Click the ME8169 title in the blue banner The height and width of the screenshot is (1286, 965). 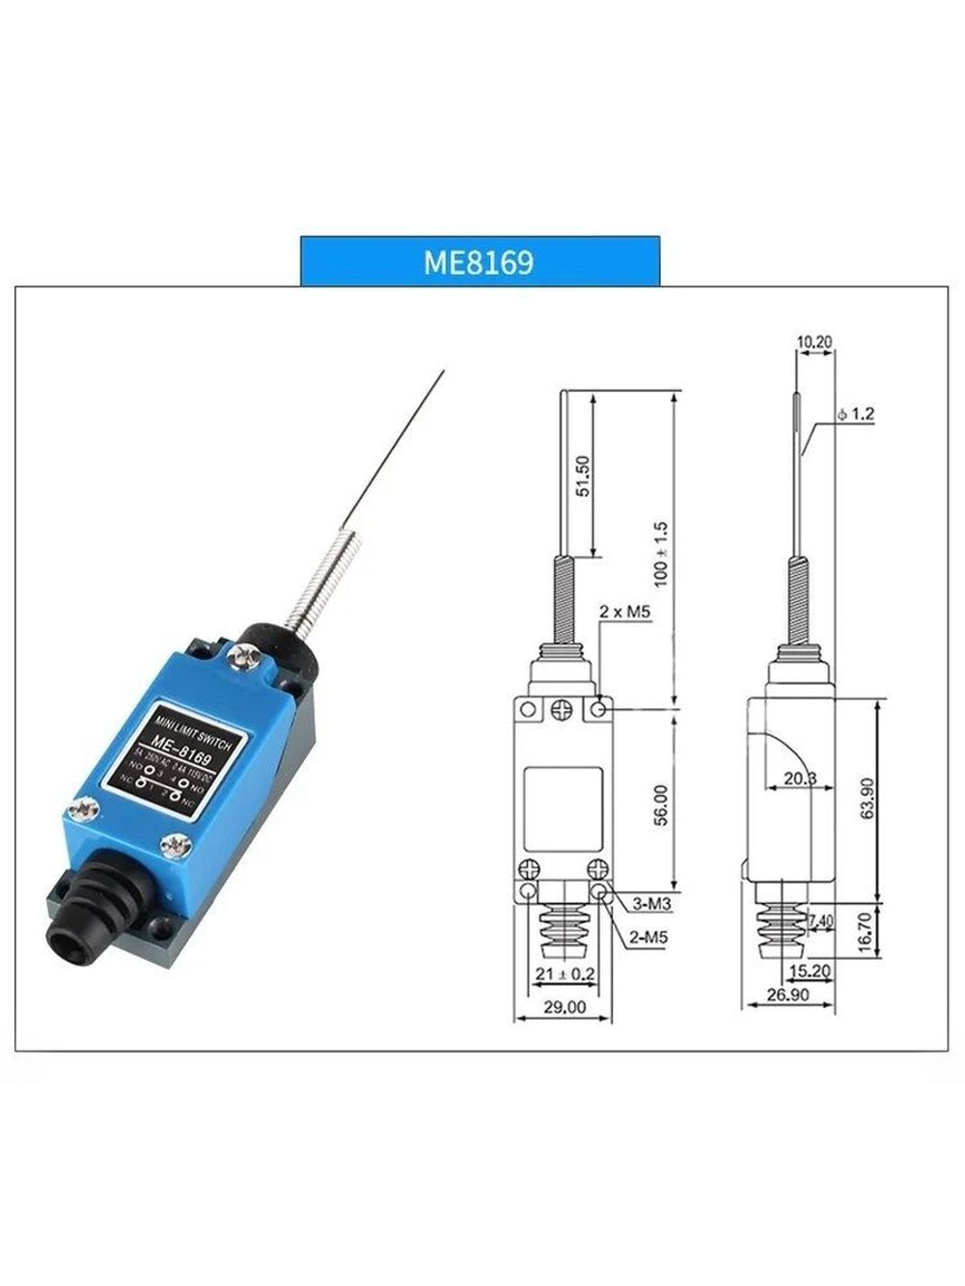(x=479, y=262)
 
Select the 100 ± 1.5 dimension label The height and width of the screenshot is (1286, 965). (x=660, y=555)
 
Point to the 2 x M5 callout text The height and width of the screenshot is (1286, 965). (x=625, y=612)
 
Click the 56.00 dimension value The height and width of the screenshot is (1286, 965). (x=661, y=804)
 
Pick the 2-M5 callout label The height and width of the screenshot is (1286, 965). (x=650, y=936)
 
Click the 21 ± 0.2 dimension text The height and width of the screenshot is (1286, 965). (x=565, y=974)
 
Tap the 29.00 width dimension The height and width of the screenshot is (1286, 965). (x=563, y=1007)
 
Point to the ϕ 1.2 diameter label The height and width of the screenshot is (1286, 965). (x=856, y=414)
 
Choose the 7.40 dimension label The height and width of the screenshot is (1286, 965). (x=819, y=920)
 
